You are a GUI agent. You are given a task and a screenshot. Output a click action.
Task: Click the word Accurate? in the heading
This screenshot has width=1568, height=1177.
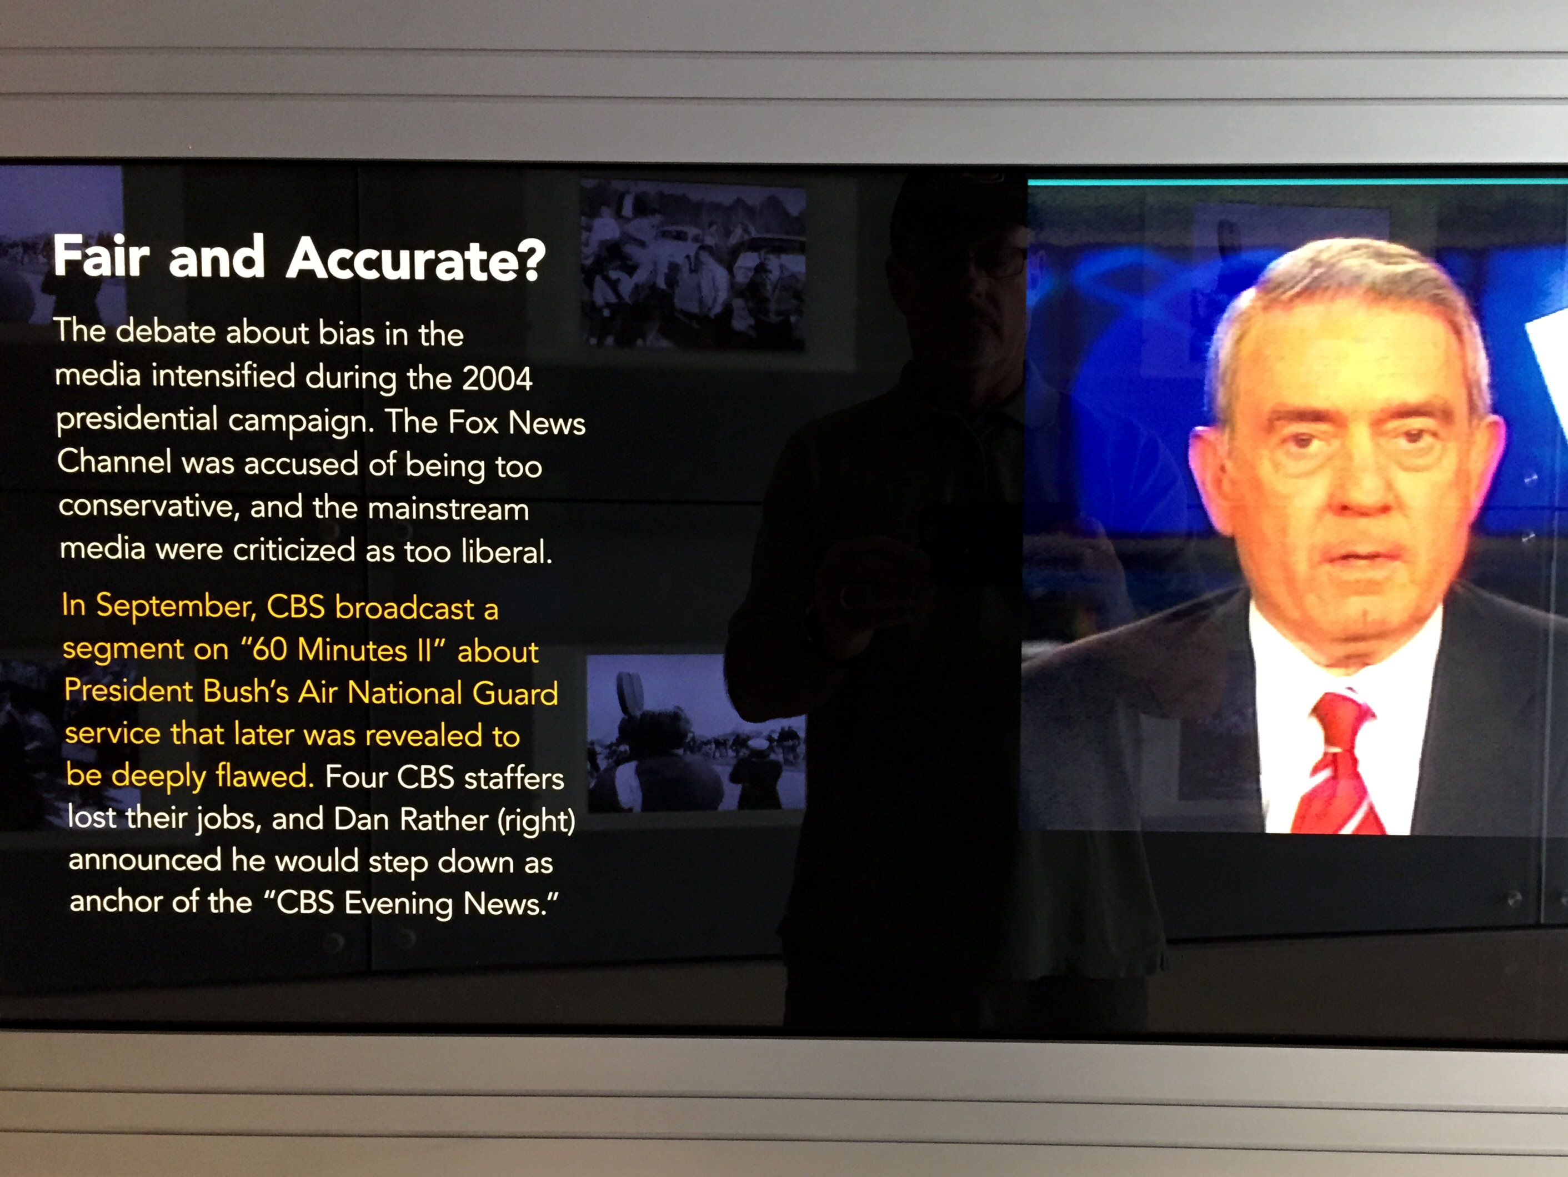click(416, 259)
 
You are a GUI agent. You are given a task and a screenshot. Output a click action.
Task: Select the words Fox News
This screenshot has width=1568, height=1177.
click(517, 423)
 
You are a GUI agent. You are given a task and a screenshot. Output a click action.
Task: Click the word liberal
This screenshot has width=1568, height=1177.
click(506, 551)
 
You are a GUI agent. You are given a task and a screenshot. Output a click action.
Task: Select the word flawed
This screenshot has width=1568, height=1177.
click(264, 775)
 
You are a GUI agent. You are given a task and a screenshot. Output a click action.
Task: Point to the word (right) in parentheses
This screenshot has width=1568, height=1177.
click(536, 821)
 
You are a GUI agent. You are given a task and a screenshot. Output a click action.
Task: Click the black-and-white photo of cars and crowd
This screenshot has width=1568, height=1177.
click(693, 264)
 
